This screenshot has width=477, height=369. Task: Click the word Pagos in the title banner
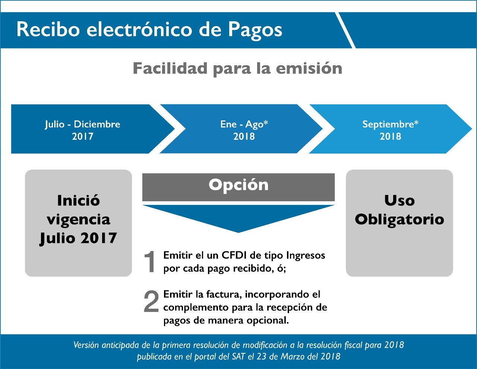(x=255, y=31)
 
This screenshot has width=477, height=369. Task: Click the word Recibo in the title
(x=48, y=29)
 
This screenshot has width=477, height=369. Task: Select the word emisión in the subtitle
(x=309, y=68)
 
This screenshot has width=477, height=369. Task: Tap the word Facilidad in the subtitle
(x=170, y=68)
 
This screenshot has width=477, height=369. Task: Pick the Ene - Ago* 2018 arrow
(x=241, y=129)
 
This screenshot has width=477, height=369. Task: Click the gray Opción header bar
(x=238, y=187)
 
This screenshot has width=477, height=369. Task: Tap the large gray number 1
(x=150, y=262)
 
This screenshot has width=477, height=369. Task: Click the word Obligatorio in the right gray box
(x=399, y=220)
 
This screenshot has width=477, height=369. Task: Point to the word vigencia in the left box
(x=78, y=220)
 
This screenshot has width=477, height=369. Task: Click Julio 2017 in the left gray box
(x=78, y=238)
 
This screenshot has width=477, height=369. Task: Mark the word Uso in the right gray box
(x=399, y=201)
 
